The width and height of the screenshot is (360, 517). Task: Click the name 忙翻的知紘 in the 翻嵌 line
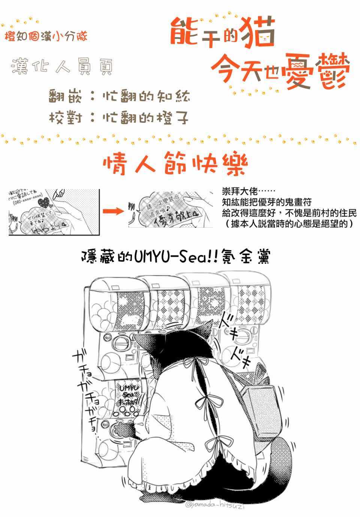146,96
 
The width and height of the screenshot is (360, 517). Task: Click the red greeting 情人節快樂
175,164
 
